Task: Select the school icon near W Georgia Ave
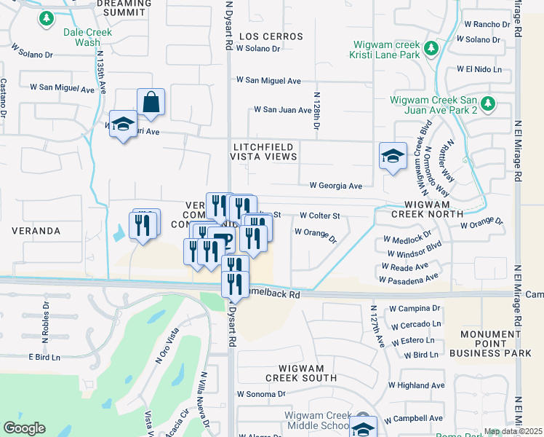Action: tap(393, 156)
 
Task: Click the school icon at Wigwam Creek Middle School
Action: tap(363, 427)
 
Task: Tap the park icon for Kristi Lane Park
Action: tap(431, 49)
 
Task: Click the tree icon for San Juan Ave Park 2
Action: tap(487, 104)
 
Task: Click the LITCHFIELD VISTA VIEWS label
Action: tap(263, 151)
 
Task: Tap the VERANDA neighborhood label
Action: tap(36, 231)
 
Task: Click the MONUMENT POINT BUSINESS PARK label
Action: tap(492, 342)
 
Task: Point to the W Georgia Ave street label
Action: tap(335, 186)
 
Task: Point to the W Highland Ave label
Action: tap(416, 385)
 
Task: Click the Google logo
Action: tap(24, 428)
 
